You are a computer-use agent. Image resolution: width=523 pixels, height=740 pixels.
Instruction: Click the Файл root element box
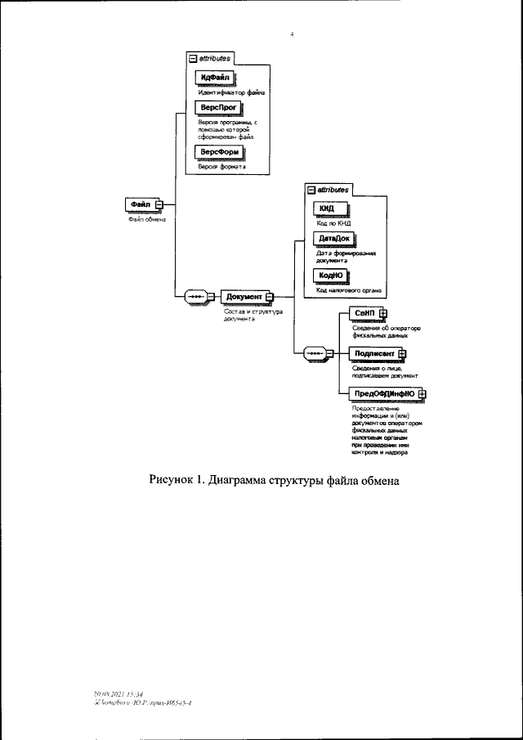click(139, 204)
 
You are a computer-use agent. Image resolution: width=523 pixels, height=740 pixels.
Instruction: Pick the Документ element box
click(244, 297)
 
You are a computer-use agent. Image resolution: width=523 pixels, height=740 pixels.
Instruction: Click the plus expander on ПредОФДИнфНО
click(422, 393)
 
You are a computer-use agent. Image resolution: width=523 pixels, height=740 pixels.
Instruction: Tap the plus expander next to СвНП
click(382, 313)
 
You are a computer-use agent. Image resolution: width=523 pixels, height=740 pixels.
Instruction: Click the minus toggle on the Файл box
click(160, 204)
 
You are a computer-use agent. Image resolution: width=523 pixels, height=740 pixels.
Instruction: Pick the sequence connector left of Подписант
click(315, 353)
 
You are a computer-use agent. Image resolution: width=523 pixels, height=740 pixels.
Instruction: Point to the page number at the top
click(292, 35)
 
